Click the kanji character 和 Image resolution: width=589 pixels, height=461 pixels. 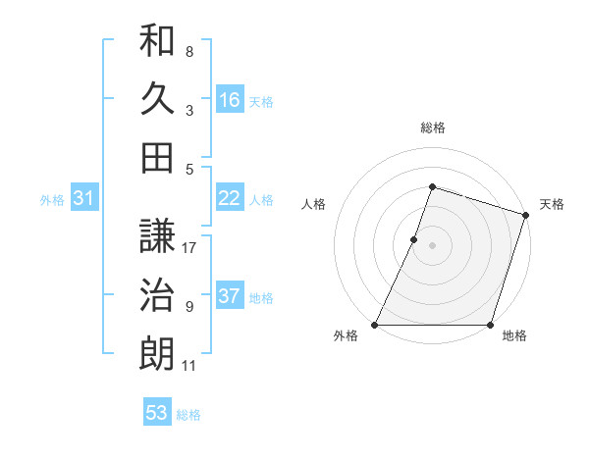[157, 43]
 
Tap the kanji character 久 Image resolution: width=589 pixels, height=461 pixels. [157, 100]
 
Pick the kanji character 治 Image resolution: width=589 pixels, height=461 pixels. [157, 295]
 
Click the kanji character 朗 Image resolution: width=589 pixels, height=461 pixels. [157, 353]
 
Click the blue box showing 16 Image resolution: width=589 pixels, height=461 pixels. [230, 100]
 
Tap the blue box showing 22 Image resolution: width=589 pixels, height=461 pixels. [230, 198]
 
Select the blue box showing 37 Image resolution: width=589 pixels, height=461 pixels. [230, 296]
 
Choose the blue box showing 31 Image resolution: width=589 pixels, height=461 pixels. [83, 198]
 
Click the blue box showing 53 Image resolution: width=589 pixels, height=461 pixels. [157, 413]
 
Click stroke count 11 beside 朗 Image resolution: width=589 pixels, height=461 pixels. [189, 366]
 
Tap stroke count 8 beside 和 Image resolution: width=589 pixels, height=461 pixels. [189, 51]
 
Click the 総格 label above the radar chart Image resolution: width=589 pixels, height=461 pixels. [432, 128]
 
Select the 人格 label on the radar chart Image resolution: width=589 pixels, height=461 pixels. [314, 204]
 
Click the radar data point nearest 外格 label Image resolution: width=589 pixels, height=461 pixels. [375, 325]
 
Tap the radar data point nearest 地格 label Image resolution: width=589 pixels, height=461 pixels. [490, 325]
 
